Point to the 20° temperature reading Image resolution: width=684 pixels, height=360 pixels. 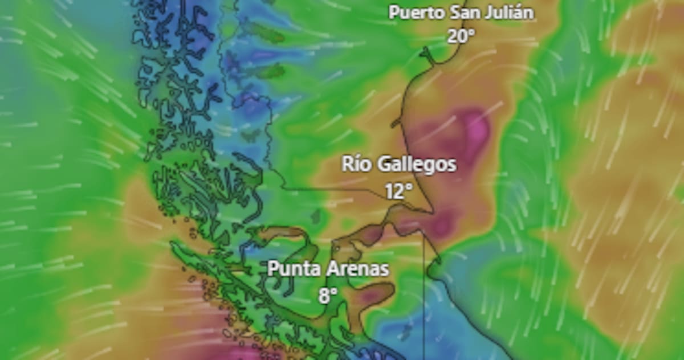[461, 36]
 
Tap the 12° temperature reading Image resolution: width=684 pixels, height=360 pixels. [398, 191]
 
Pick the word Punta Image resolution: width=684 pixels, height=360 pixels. [291, 268]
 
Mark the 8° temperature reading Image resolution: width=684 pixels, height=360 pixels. [328, 295]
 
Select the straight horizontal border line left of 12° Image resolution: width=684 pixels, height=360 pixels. [331, 189]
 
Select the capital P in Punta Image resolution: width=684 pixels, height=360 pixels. [273, 268]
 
